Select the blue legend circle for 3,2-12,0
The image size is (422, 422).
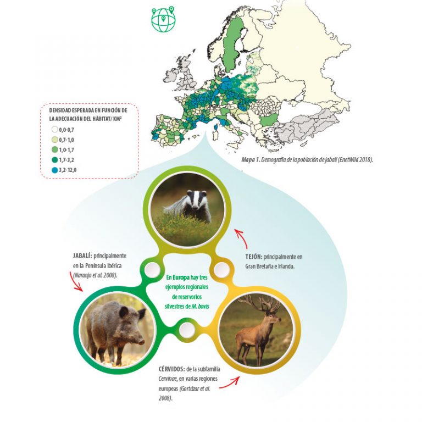click(x=55, y=170)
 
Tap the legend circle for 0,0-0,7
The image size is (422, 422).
click(x=55, y=130)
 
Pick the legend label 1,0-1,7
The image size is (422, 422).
click(x=66, y=150)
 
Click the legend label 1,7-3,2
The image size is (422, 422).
click(x=66, y=160)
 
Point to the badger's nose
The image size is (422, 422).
click(x=195, y=207)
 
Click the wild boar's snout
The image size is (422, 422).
click(x=142, y=341)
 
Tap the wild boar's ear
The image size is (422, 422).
click(x=124, y=312)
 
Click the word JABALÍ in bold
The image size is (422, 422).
click(x=82, y=256)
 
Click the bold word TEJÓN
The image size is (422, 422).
click(x=253, y=257)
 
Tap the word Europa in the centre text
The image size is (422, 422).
click(x=181, y=277)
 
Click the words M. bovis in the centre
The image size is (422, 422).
click(x=200, y=306)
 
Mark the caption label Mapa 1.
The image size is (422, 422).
click(x=251, y=160)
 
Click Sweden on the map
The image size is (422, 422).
click(x=234, y=40)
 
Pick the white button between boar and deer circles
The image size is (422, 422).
click(x=187, y=329)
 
